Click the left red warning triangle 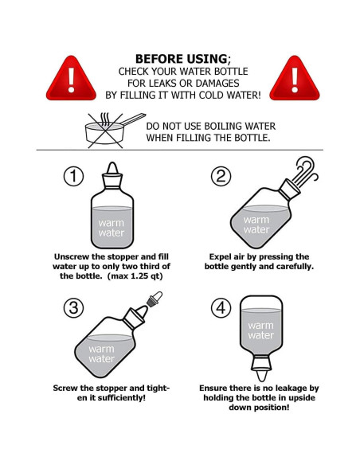pos(71,80)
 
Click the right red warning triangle pos(295,80)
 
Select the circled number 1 pos(73,176)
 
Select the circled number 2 pos(221,176)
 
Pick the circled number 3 pos(73,308)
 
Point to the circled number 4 pos(221,308)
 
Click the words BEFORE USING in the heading pos(181,59)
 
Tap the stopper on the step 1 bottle pos(112,175)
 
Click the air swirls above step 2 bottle pos(305,171)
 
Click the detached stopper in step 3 pos(155,299)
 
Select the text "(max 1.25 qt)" pos(135,276)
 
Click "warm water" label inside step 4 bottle pos(261,330)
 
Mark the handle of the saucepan pos(134,119)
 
